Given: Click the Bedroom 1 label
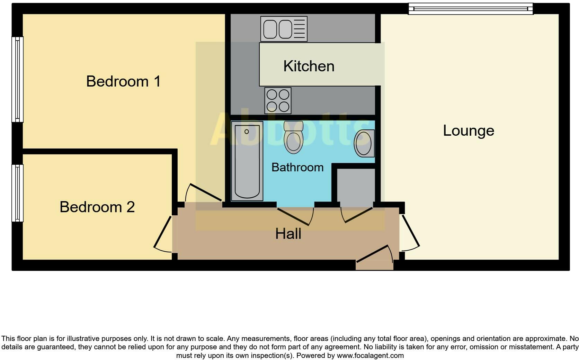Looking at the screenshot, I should click(x=123, y=81).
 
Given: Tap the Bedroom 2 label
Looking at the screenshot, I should click(x=97, y=207).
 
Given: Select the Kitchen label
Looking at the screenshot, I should click(x=309, y=66).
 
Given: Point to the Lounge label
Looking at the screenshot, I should click(x=468, y=130).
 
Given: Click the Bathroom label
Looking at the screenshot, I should click(x=297, y=168).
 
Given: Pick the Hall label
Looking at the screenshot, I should click(x=288, y=234).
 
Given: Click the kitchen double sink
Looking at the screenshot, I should click(x=284, y=29).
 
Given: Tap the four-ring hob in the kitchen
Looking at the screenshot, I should click(x=278, y=100).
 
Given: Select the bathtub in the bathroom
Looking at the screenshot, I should click(x=247, y=161).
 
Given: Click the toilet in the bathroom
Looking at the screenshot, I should click(x=293, y=137).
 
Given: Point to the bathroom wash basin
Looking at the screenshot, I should click(x=364, y=143).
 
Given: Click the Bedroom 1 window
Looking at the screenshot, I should click(x=17, y=79).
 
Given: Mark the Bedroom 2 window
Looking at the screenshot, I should click(x=17, y=193).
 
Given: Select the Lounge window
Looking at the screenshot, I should click(x=470, y=9).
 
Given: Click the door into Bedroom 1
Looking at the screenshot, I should click(x=204, y=193).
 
